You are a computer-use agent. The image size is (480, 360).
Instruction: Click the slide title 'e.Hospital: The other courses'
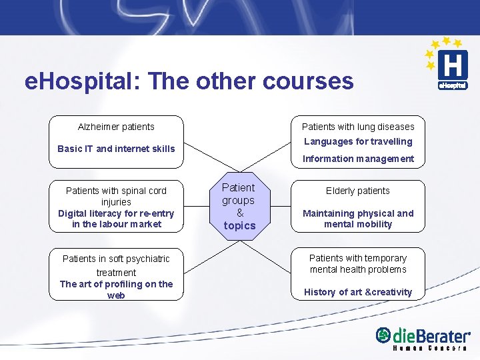189,81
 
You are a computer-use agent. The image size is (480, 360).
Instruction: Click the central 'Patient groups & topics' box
239,207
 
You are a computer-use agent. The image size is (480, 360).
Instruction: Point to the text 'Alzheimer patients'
116,127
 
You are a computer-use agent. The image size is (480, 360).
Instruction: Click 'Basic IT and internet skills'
116,149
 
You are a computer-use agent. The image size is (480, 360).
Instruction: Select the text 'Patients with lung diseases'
358,127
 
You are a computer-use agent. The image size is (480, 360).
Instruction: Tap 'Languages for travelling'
358,141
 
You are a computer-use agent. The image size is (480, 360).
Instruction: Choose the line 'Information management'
358,159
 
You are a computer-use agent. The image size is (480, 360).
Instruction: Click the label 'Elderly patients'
358,191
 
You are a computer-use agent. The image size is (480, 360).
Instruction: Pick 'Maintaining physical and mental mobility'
358,219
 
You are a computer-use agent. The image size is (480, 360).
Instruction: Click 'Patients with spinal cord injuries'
116,196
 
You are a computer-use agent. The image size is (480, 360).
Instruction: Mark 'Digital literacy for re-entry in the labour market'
116,219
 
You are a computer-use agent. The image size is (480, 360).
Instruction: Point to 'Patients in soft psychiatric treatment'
116,265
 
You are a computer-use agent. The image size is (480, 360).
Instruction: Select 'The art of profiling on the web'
116,289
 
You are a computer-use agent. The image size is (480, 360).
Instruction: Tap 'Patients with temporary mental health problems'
358,263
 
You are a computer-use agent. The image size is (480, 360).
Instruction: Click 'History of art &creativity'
358,292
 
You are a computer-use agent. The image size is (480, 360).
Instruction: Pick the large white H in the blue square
453,65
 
